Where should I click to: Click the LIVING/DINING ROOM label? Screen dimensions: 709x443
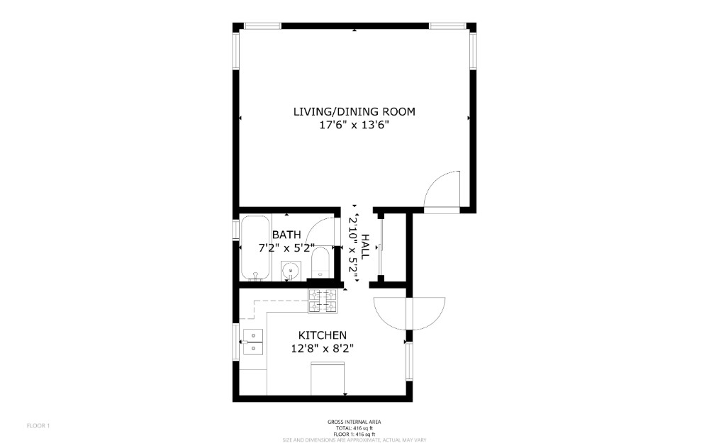coord(354,112)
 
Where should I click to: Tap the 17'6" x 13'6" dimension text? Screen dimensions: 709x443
coord(354,125)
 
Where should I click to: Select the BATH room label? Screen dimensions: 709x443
coord(286,235)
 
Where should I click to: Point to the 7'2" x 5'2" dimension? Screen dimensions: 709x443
coord(286,247)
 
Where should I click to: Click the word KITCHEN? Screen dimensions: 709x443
coord(323,335)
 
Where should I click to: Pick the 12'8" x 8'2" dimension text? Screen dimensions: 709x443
coord(323,349)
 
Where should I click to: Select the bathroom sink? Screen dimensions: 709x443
coord(289,271)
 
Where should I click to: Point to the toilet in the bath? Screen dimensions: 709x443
coord(320,263)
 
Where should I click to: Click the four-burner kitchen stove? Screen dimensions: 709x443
coord(323,301)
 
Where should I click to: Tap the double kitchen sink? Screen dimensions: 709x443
coord(253,342)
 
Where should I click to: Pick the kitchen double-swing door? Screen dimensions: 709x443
coord(409,313)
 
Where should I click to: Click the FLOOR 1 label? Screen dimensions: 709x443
coord(38,425)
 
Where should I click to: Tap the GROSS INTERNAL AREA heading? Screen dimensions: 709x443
coord(354,422)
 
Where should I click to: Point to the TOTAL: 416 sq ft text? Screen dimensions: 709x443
coord(354,428)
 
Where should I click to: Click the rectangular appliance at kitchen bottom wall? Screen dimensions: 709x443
coord(328,378)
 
